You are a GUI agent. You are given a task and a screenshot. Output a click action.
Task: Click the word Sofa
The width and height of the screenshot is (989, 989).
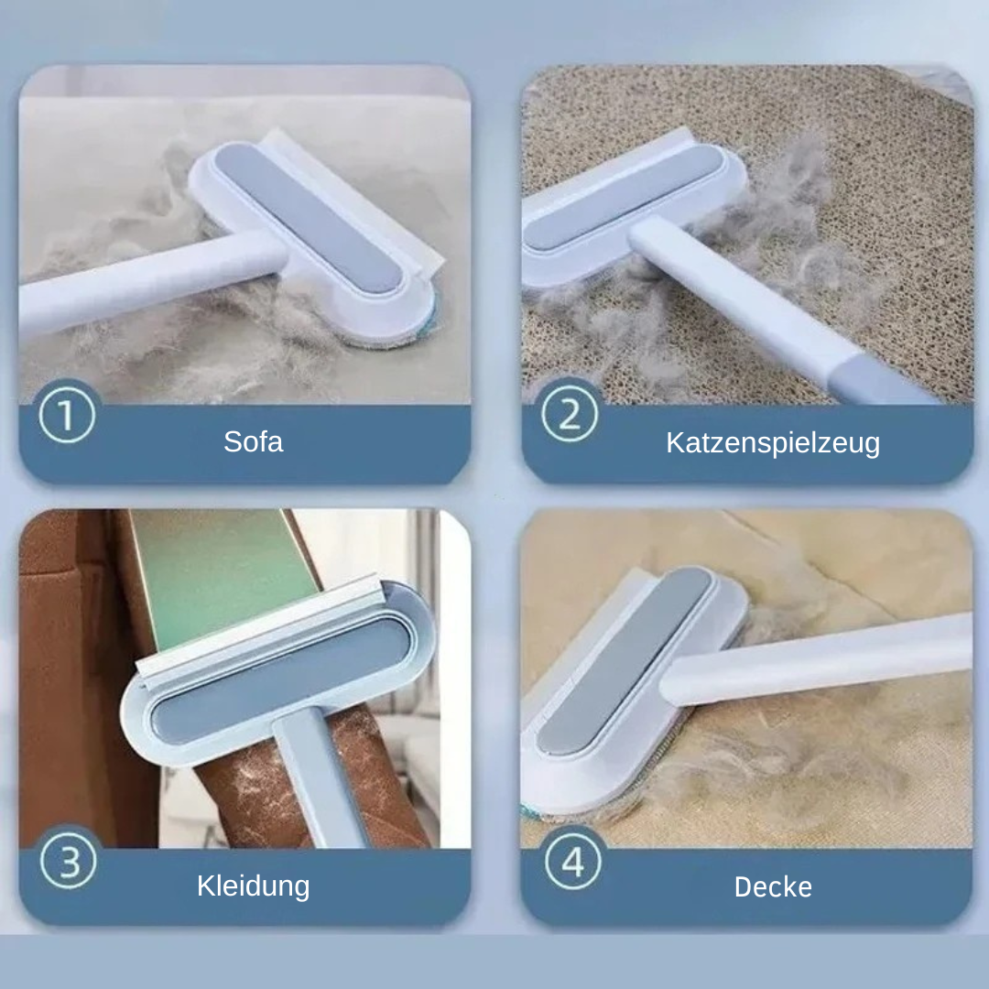[x=254, y=441]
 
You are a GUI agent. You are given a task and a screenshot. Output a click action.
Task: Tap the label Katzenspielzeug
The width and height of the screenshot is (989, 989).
[x=773, y=443]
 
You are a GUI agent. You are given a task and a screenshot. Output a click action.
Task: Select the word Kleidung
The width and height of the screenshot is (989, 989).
[x=254, y=886]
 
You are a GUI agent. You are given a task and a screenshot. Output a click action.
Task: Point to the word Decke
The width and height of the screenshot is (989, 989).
[x=773, y=886]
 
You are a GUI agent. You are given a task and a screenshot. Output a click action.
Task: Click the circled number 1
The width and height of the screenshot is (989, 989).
[x=68, y=417]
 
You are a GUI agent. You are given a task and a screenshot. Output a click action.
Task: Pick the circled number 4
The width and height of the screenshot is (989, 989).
[x=571, y=862]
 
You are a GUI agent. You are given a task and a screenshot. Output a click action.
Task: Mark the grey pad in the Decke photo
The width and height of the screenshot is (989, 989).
[x=623, y=659]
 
